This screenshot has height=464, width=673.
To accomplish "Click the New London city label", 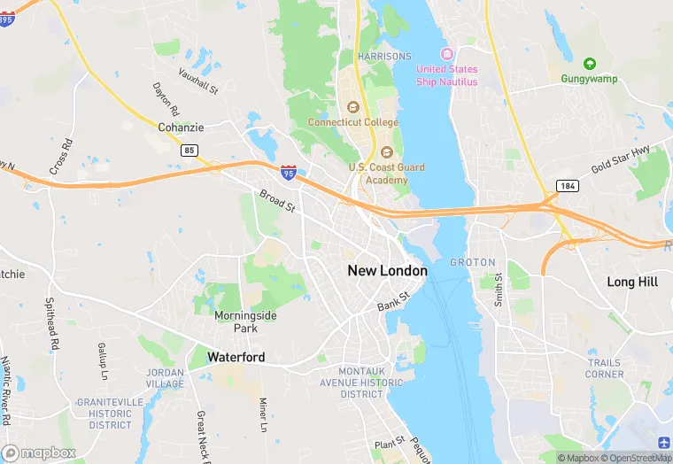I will pyautogui.click(x=387, y=271).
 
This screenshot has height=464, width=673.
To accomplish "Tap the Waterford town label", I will pyautogui.click(x=236, y=357).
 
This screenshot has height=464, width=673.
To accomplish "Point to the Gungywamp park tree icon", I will pyautogui.click(x=590, y=64).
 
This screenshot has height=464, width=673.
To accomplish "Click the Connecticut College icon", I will pyautogui.click(x=352, y=108).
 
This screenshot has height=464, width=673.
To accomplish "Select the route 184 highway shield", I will pyautogui.click(x=568, y=184).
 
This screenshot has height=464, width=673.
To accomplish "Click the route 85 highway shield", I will pyautogui.click(x=190, y=151).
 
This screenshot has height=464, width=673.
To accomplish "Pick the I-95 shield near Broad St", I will pyautogui.click(x=289, y=171).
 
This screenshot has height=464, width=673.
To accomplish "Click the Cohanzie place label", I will pyautogui.click(x=181, y=128).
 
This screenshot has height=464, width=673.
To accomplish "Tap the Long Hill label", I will pyautogui.click(x=632, y=282).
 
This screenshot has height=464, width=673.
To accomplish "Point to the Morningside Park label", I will pyautogui.click(x=245, y=321).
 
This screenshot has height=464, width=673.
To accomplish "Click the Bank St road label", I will pyautogui.click(x=392, y=301).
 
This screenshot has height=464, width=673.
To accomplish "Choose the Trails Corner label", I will pyautogui.click(x=604, y=368).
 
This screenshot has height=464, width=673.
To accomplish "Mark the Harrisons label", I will pyautogui.click(x=384, y=56).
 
